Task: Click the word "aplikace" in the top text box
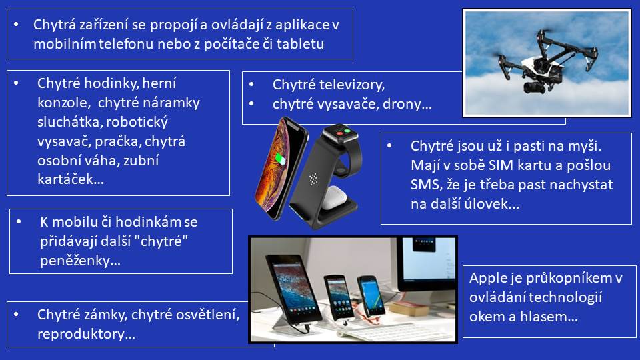point(303,25)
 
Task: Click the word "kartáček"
point(70,179)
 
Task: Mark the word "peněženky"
point(80,261)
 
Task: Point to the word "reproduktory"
point(86,334)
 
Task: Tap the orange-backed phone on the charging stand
point(281,168)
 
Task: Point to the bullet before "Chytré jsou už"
point(389,145)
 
